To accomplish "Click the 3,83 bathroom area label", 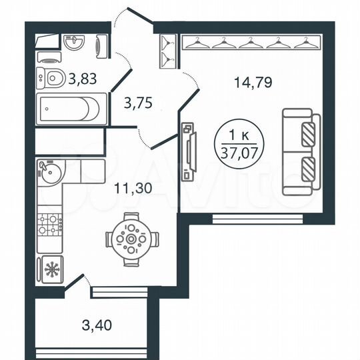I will pos(83,79).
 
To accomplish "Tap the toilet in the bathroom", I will pos(49,79).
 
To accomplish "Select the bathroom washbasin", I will pos(74,43).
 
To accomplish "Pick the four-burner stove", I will pos(49,223).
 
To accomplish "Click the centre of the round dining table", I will pos(132,239).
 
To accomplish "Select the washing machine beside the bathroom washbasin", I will pos(100,45).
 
